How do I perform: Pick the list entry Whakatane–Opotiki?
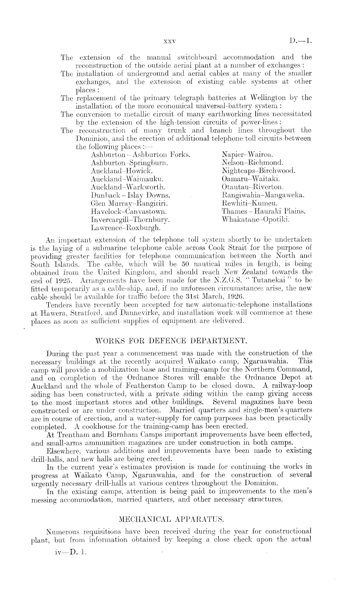tap(256, 219)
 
